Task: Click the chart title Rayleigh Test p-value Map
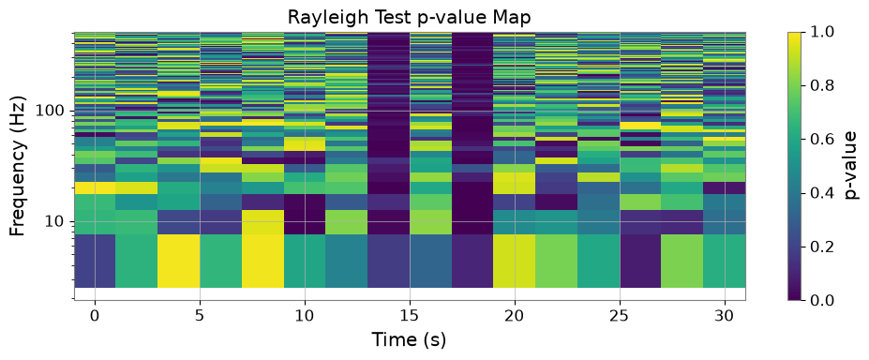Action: pyautogui.click(x=409, y=17)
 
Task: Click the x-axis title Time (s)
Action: pyautogui.click(x=409, y=338)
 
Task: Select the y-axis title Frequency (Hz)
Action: pyautogui.click(x=19, y=167)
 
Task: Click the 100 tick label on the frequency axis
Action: pyautogui.click(x=53, y=112)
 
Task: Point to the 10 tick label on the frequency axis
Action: pyautogui.click(x=58, y=222)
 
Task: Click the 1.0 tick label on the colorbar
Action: pyautogui.click(x=821, y=32)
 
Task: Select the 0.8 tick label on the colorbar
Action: pyautogui.click(x=821, y=86)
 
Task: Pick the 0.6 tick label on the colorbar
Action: pyautogui.click(x=821, y=140)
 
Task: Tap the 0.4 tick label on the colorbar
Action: pyautogui.click(x=821, y=193)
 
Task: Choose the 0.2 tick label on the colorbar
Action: pyautogui.click(x=821, y=247)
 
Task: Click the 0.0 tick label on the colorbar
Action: pyautogui.click(x=821, y=300)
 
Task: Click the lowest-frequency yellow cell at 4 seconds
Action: pyautogui.click(x=178, y=261)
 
